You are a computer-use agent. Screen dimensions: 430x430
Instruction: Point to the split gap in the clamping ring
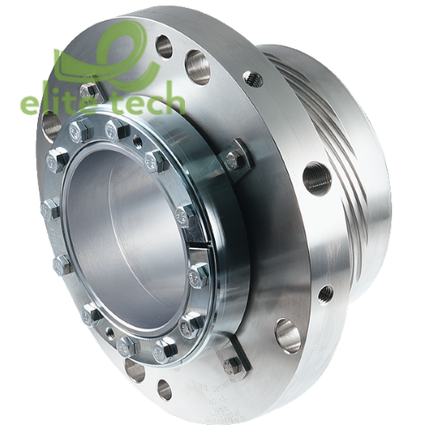click(x=197, y=247)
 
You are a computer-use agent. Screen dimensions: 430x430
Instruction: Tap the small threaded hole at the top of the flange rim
click(x=253, y=78)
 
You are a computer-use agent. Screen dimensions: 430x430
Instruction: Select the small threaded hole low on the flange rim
click(x=326, y=295)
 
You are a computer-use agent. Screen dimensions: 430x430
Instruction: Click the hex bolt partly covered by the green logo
click(x=91, y=92)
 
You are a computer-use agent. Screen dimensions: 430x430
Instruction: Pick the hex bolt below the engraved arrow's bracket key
click(x=234, y=368)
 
